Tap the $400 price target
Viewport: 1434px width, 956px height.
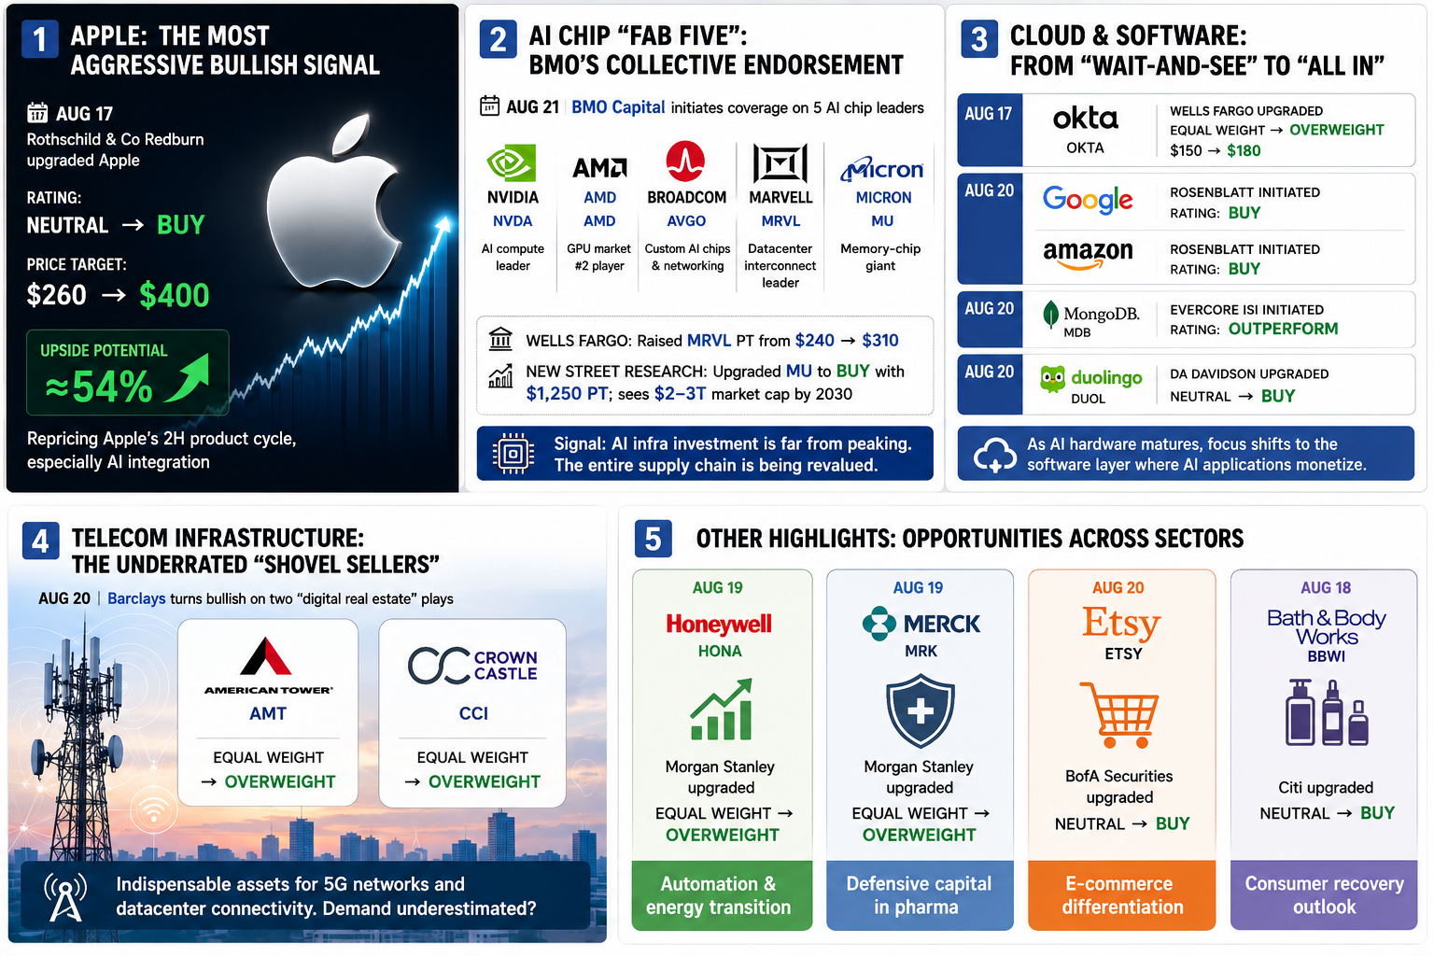coord(175,295)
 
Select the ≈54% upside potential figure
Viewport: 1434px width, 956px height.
coord(99,387)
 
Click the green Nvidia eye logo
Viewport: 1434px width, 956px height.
coord(511,163)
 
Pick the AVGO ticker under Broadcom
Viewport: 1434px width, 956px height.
coord(686,221)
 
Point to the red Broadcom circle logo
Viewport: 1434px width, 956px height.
coord(685,161)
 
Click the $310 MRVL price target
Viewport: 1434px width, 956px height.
coord(880,341)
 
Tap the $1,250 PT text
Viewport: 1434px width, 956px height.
coord(567,394)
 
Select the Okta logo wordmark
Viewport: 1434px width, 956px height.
coord(1085,119)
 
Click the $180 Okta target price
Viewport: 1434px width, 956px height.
coord(1244,151)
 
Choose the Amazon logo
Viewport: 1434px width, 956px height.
coord(1088,254)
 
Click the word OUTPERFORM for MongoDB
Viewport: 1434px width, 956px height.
coord(1283,330)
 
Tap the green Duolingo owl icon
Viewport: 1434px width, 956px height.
coord(1052,379)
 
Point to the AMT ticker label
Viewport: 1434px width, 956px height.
coord(268,713)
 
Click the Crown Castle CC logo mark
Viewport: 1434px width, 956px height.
coord(439,666)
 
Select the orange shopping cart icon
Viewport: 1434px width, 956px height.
coord(1120,714)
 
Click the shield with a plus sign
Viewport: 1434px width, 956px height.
coord(920,710)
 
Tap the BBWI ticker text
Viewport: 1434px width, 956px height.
coord(1326,656)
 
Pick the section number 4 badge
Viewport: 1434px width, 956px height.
coord(40,541)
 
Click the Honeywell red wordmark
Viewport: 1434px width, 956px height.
coord(719,624)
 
